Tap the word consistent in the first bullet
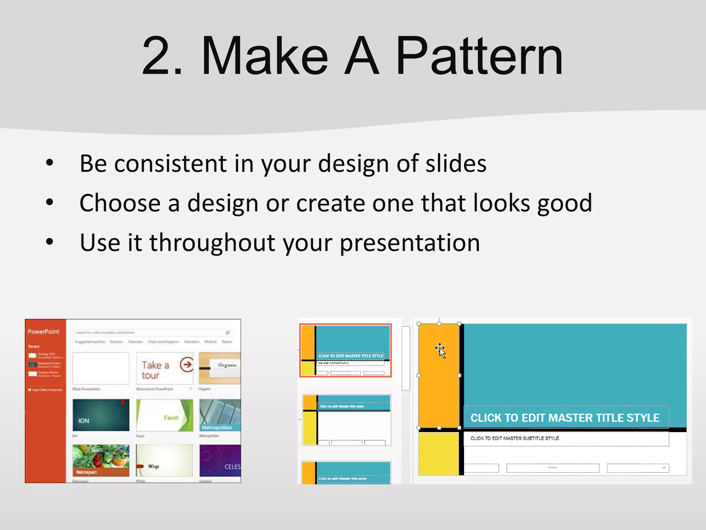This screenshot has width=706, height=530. [x=170, y=164]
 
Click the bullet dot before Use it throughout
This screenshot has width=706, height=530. [x=50, y=242]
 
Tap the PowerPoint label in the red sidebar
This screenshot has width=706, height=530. [x=43, y=332]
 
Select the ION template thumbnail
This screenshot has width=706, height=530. [x=101, y=415]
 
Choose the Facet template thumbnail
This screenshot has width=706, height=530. [x=164, y=415]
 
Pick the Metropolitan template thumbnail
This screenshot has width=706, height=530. [x=220, y=415]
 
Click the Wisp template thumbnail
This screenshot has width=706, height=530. [x=164, y=461]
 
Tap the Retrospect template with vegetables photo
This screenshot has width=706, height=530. [x=101, y=460]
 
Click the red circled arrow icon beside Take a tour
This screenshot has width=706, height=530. [x=186, y=364]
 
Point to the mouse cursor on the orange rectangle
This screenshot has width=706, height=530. [x=441, y=351]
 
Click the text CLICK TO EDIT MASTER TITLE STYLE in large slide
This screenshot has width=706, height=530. [x=565, y=418]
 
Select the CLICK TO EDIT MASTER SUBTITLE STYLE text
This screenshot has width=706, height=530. [x=514, y=438]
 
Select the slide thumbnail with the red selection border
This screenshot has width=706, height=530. [x=345, y=350]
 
